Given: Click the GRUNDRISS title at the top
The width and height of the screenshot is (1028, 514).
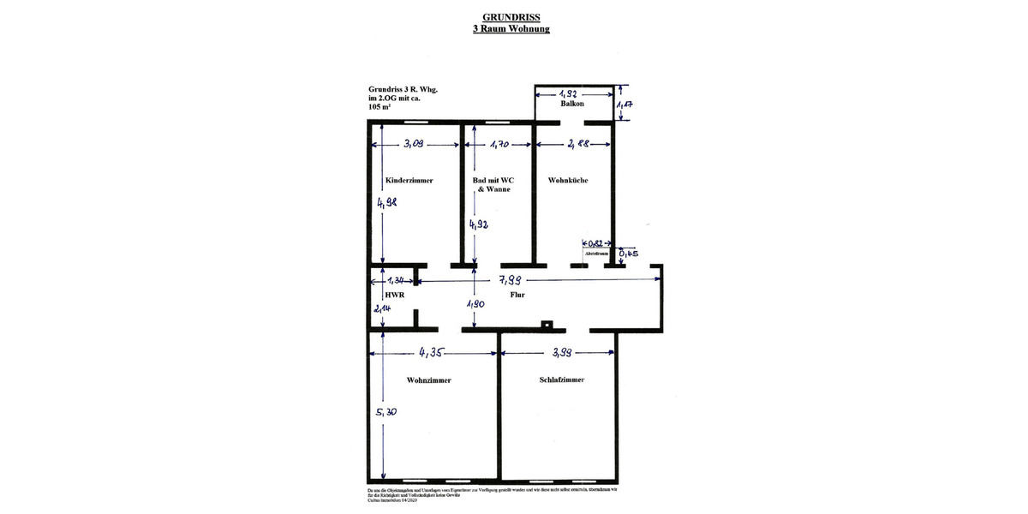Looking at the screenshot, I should point(511,16).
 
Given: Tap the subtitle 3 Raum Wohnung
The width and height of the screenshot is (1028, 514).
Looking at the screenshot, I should point(511,28).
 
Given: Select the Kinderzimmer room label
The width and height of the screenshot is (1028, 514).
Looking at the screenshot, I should point(409,181).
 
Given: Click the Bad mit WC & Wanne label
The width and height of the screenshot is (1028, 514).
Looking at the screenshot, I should point(493,184).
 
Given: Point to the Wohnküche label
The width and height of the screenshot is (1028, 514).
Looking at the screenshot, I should point(567,181).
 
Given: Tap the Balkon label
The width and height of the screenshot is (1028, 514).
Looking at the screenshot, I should point(572,104).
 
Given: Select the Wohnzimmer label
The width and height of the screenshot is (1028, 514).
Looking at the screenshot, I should point(428,380).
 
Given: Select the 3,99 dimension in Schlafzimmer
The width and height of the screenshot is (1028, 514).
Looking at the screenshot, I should point(567,352).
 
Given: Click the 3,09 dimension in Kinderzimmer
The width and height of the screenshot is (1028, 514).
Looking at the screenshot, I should point(415,144).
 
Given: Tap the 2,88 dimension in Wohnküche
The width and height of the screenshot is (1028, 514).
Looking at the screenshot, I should point(577,144).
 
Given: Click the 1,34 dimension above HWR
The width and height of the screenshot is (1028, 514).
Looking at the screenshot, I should point(396,280).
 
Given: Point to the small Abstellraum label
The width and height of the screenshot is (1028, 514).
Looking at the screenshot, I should point(596,254).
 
